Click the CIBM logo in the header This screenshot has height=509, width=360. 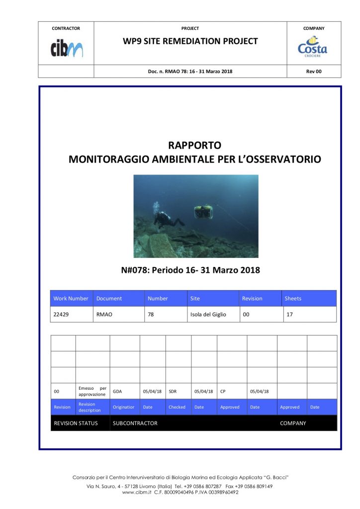(66, 48)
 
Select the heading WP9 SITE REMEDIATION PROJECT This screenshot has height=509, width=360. (190, 41)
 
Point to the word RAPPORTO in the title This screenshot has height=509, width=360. (194, 146)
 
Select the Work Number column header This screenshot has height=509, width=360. (71, 298)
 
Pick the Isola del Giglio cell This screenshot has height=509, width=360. (208, 314)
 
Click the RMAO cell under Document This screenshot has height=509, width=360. (104, 314)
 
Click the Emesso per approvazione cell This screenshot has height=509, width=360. (92, 391)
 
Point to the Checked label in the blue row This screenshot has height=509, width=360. (177, 407)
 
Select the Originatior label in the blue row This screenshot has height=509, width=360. (124, 407)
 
